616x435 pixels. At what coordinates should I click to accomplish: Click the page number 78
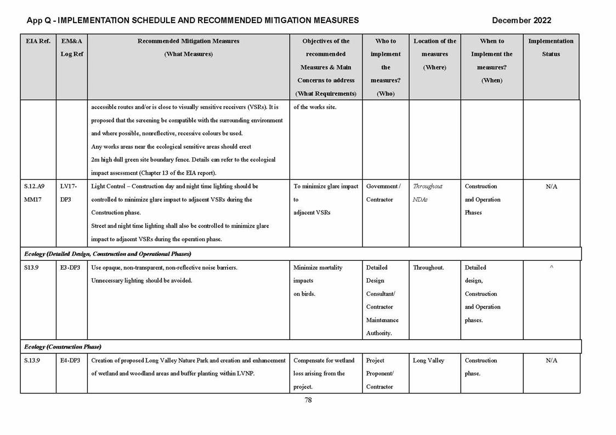point(308,400)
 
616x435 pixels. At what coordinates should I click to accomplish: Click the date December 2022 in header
point(521,20)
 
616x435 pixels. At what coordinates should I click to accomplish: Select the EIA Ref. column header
point(38,41)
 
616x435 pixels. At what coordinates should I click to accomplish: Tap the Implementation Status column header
point(551,48)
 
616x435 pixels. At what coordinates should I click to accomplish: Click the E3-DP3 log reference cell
point(70,267)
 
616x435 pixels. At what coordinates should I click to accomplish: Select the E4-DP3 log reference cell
point(70,360)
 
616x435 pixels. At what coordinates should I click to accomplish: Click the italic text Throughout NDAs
point(427,193)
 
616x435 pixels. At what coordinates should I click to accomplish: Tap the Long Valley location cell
point(428,360)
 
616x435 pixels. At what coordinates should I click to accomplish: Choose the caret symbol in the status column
point(551,267)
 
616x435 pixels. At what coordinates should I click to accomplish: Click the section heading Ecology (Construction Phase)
point(63,347)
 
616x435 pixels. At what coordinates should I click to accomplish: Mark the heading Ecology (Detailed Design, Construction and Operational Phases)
point(108,254)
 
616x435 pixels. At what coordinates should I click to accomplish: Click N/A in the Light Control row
point(551,186)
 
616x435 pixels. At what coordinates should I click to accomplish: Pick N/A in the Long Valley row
point(551,360)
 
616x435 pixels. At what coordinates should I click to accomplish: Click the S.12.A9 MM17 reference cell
point(34,193)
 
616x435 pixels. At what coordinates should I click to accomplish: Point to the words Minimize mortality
point(318,267)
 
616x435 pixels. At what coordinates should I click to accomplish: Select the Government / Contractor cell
point(383,193)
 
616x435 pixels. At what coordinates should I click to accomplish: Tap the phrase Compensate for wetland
point(324,360)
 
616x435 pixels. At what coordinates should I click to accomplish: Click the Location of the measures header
point(434,54)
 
